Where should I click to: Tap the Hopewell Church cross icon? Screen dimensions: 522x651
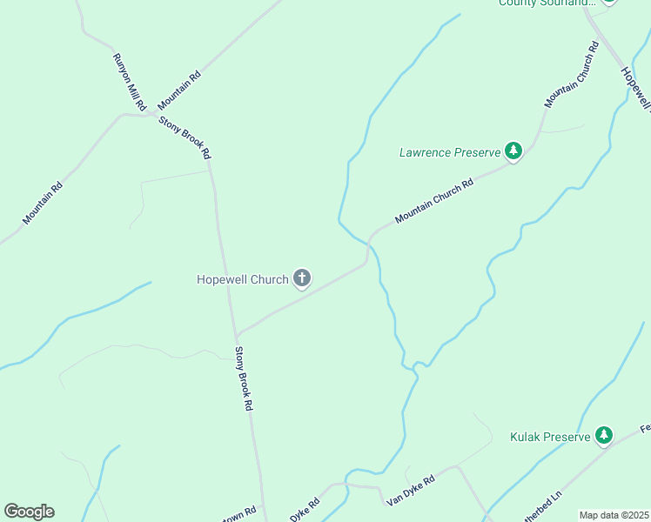tap(302, 278)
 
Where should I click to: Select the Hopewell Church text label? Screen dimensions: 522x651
tap(242, 279)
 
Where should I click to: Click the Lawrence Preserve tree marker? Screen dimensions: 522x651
tap(513, 152)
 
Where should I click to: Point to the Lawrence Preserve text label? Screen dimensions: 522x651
tap(450, 152)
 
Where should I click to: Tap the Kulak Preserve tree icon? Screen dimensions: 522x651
tap(604, 435)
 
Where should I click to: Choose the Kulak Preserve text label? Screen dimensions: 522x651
tap(550, 436)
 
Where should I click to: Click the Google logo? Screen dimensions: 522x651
tap(29, 512)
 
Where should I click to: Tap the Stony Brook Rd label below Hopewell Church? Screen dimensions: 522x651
tap(244, 378)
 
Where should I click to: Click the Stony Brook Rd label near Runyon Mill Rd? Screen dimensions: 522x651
tap(185, 137)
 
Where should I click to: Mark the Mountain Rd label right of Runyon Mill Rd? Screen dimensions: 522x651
tap(179, 88)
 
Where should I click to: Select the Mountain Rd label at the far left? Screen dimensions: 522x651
tap(44, 202)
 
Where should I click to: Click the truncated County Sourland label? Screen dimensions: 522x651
tap(546, 3)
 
